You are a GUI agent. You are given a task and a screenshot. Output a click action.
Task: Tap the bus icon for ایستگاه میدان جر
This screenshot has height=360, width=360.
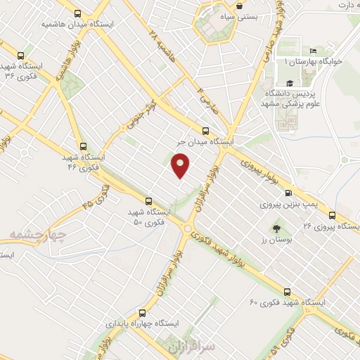(x=205, y=130)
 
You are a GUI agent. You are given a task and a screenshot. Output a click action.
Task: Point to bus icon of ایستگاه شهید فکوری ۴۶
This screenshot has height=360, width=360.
(x=84, y=147)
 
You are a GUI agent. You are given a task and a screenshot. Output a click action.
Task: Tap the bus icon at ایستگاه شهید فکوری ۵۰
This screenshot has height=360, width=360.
(x=148, y=200)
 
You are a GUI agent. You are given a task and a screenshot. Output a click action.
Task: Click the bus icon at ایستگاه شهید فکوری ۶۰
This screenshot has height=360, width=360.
(x=286, y=291)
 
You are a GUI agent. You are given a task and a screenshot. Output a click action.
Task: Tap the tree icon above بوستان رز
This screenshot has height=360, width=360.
(x=276, y=228)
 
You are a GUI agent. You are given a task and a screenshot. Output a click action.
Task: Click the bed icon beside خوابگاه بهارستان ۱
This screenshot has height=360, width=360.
(x=313, y=51)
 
